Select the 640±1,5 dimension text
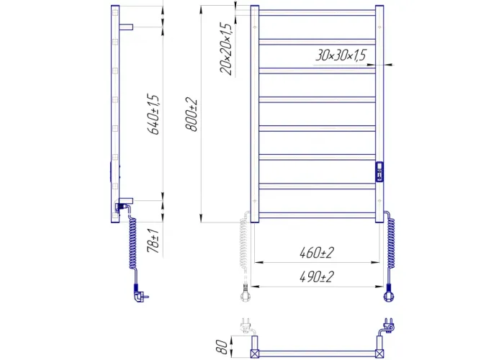point(153,114)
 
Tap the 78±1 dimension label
point(153,240)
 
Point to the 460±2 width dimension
point(317,253)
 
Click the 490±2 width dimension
point(317,276)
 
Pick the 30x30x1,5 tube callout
point(341,55)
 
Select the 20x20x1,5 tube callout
point(226,49)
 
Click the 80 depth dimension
point(222,347)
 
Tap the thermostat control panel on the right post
point(379,171)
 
